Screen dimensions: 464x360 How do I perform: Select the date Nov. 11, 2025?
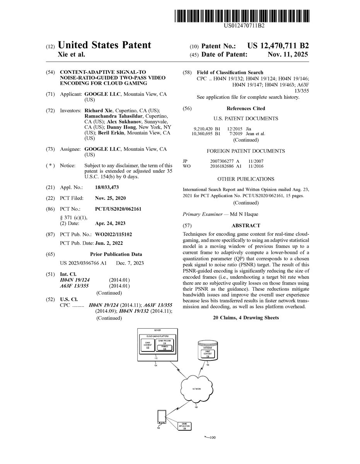288,55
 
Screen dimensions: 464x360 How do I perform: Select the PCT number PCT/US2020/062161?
118,209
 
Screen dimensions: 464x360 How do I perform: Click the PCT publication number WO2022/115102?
118,234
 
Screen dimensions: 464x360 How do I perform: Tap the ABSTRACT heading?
246,225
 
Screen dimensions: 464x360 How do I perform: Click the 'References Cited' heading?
246,108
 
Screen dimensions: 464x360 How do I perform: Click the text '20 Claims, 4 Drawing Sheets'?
246,318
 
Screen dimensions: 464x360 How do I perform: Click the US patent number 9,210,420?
203,128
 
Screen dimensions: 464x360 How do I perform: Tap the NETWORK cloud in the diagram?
196,389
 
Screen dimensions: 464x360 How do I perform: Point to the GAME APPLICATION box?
184,426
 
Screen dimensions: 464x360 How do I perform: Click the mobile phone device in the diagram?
160,418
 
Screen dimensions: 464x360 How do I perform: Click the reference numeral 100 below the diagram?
212,438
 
